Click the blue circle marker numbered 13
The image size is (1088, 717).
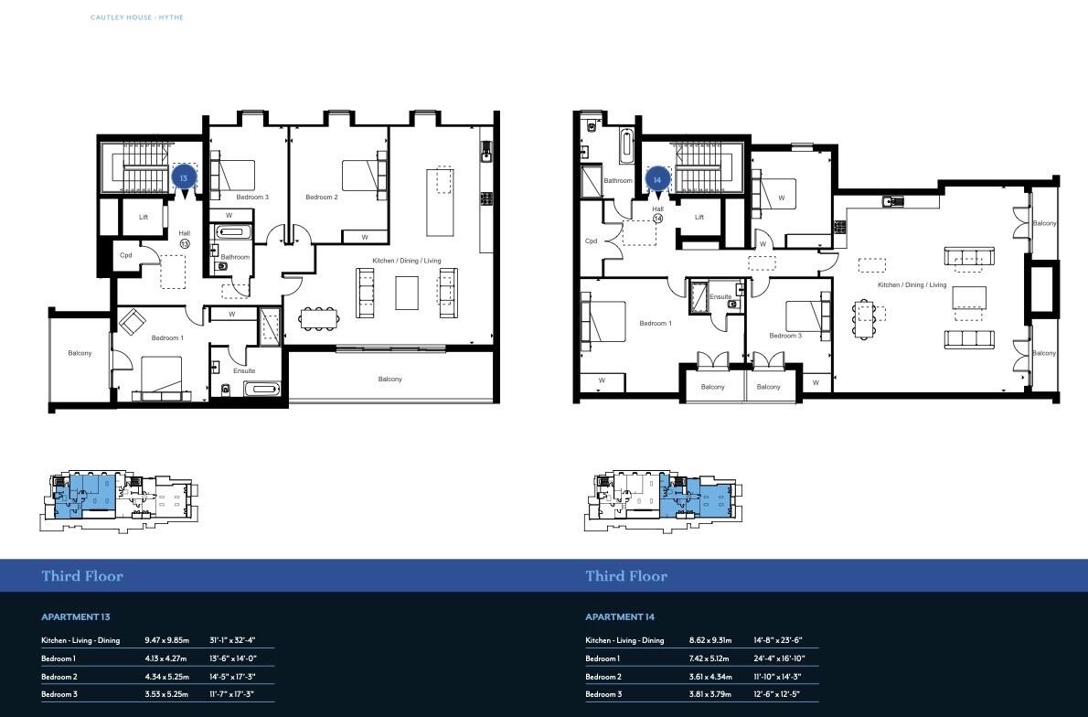tap(184, 177)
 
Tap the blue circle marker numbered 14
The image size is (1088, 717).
tap(656, 180)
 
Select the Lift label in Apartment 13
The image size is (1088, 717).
tap(144, 218)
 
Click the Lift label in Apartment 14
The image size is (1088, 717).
tap(699, 217)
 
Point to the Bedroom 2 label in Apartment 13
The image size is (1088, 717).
tap(322, 198)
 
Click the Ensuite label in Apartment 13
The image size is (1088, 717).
tap(244, 370)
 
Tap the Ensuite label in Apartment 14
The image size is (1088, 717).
tap(720, 297)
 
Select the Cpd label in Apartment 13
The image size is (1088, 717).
tap(126, 255)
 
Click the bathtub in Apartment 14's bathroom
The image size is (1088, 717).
tap(628, 144)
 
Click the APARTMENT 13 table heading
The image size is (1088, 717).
tap(76, 617)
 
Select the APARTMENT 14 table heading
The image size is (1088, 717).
tap(620, 617)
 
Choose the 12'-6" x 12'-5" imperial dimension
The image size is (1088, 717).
tap(777, 694)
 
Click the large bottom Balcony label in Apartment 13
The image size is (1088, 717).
tap(389, 379)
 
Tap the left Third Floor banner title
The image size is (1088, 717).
tap(82, 576)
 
